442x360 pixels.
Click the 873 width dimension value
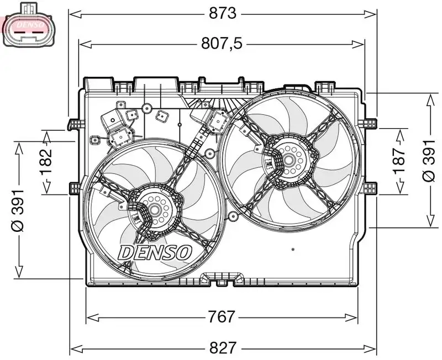223,13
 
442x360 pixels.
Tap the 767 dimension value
222,317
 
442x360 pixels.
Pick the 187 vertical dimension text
399,161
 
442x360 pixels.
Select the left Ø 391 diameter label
18,210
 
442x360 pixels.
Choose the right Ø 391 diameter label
430,160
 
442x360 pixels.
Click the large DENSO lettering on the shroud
155,252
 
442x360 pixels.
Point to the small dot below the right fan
292,250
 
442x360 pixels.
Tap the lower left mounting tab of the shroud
74,189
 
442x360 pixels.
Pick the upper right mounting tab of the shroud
371,123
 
